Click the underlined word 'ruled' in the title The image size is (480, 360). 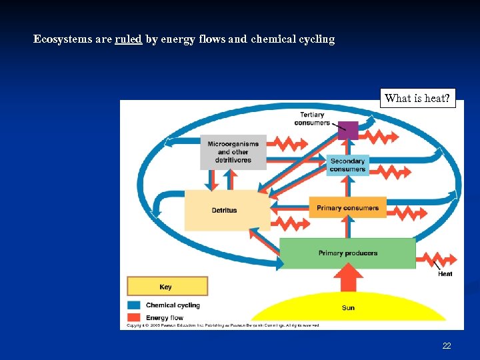128,39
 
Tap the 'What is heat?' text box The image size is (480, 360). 417,99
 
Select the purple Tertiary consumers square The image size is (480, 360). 347,130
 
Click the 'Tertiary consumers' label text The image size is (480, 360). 312,119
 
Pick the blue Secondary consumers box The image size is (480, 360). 347,165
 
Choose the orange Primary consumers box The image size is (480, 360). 347,207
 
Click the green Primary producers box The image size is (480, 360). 347,253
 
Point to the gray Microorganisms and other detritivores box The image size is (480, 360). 233,152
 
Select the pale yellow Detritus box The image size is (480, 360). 225,210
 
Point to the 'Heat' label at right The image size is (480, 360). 445,274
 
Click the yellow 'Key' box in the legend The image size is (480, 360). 167,287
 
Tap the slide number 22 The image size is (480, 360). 447,346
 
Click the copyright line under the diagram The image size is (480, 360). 220,326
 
